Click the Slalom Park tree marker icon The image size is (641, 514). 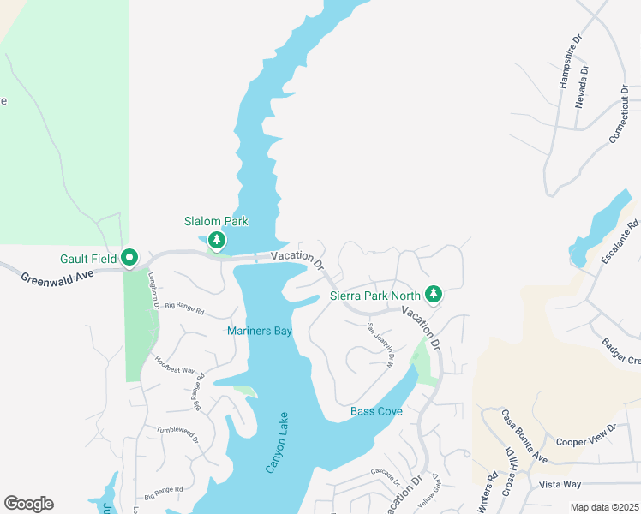pyautogui.click(x=218, y=240)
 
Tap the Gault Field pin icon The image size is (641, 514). pyautogui.click(x=129, y=257)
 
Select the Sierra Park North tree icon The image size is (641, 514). pyautogui.click(x=434, y=296)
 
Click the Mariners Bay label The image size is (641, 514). pyautogui.click(x=259, y=331)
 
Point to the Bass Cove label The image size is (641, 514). pyautogui.click(x=376, y=412)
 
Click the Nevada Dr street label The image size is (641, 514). pyautogui.click(x=583, y=86)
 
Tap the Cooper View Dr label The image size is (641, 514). pyautogui.click(x=587, y=434)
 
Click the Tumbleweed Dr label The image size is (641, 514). pyautogui.click(x=177, y=433)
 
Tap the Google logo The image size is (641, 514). pyautogui.click(x=28, y=504)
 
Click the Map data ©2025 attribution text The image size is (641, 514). pyautogui.click(x=603, y=507)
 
